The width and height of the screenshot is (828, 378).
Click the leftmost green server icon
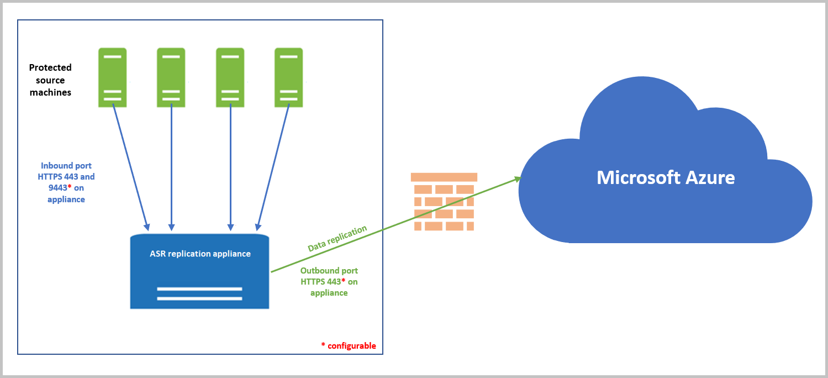(113, 77)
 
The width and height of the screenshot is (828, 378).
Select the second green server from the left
(171, 77)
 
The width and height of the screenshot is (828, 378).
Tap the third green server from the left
(230, 77)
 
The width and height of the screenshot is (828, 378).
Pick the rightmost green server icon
(289, 77)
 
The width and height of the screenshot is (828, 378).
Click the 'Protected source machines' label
(50, 80)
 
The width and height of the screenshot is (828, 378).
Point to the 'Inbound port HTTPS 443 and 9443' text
(67, 182)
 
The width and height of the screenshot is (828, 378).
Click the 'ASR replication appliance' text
(200, 254)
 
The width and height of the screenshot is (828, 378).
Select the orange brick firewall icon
(444, 202)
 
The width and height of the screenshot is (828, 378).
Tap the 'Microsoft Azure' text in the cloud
(666, 177)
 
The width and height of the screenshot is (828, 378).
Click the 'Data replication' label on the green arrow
(337, 239)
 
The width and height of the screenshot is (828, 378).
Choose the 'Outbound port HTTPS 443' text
(329, 282)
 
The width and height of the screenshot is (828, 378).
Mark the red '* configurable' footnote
(349, 346)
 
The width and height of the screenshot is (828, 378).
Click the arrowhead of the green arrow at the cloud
(518, 178)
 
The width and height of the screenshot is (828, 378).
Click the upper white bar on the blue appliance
(199, 288)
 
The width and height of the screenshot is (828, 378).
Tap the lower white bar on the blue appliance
(199, 298)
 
